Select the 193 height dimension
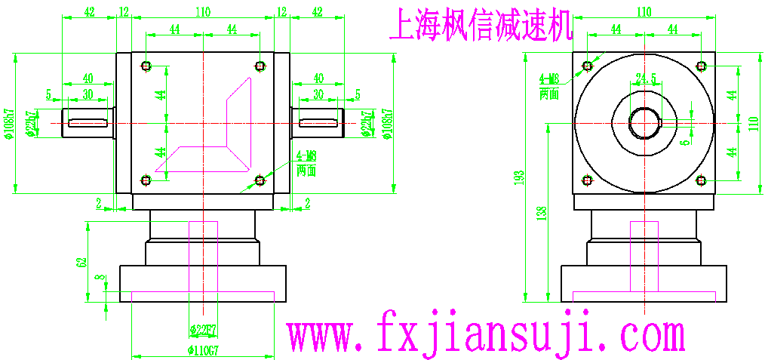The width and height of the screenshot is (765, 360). [x=518, y=178]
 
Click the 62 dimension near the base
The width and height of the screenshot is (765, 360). [x=81, y=262]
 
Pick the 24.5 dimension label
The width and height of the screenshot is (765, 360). [x=647, y=78]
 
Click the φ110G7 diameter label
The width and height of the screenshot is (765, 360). [x=204, y=349]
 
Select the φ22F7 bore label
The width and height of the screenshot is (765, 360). [x=203, y=330]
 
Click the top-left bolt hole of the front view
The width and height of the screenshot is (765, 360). [x=146, y=66]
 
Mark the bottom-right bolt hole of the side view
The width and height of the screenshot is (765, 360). [x=701, y=180]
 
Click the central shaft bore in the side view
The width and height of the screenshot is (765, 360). [x=644, y=122]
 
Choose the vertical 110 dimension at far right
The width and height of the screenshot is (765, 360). [x=751, y=123]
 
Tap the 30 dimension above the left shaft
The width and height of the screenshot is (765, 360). [x=88, y=94]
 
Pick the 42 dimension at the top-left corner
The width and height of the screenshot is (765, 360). [x=89, y=12]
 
